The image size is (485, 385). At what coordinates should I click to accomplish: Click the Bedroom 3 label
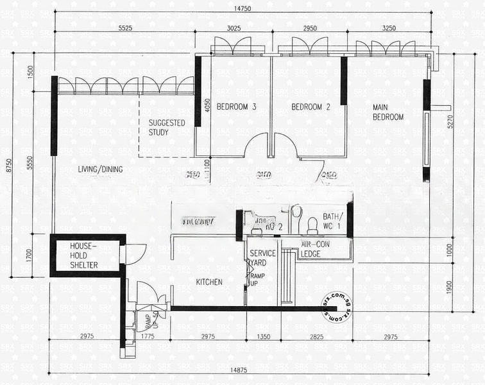pyautogui.click(x=236, y=107)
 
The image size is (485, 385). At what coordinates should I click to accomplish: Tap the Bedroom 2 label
pyautogui.click(x=311, y=107)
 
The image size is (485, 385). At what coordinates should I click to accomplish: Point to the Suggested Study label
pyautogui.click(x=167, y=127)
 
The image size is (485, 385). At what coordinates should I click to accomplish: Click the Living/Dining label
pyautogui.click(x=100, y=169)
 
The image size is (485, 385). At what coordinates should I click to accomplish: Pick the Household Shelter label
pyautogui.click(x=84, y=255)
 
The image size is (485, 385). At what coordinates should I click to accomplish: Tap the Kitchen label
pyautogui.click(x=209, y=282)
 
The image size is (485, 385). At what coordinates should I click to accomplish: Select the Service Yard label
pyautogui.click(x=262, y=257)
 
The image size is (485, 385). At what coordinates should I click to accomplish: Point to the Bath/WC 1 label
pyautogui.click(x=332, y=220)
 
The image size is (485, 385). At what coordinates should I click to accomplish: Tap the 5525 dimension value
pyautogui.click(x=125, y=28)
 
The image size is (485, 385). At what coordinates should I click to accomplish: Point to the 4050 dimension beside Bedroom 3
pyautogui.click(x=207, y=106)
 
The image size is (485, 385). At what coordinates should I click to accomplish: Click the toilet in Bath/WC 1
pyautogui.click(x=312, y=225)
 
